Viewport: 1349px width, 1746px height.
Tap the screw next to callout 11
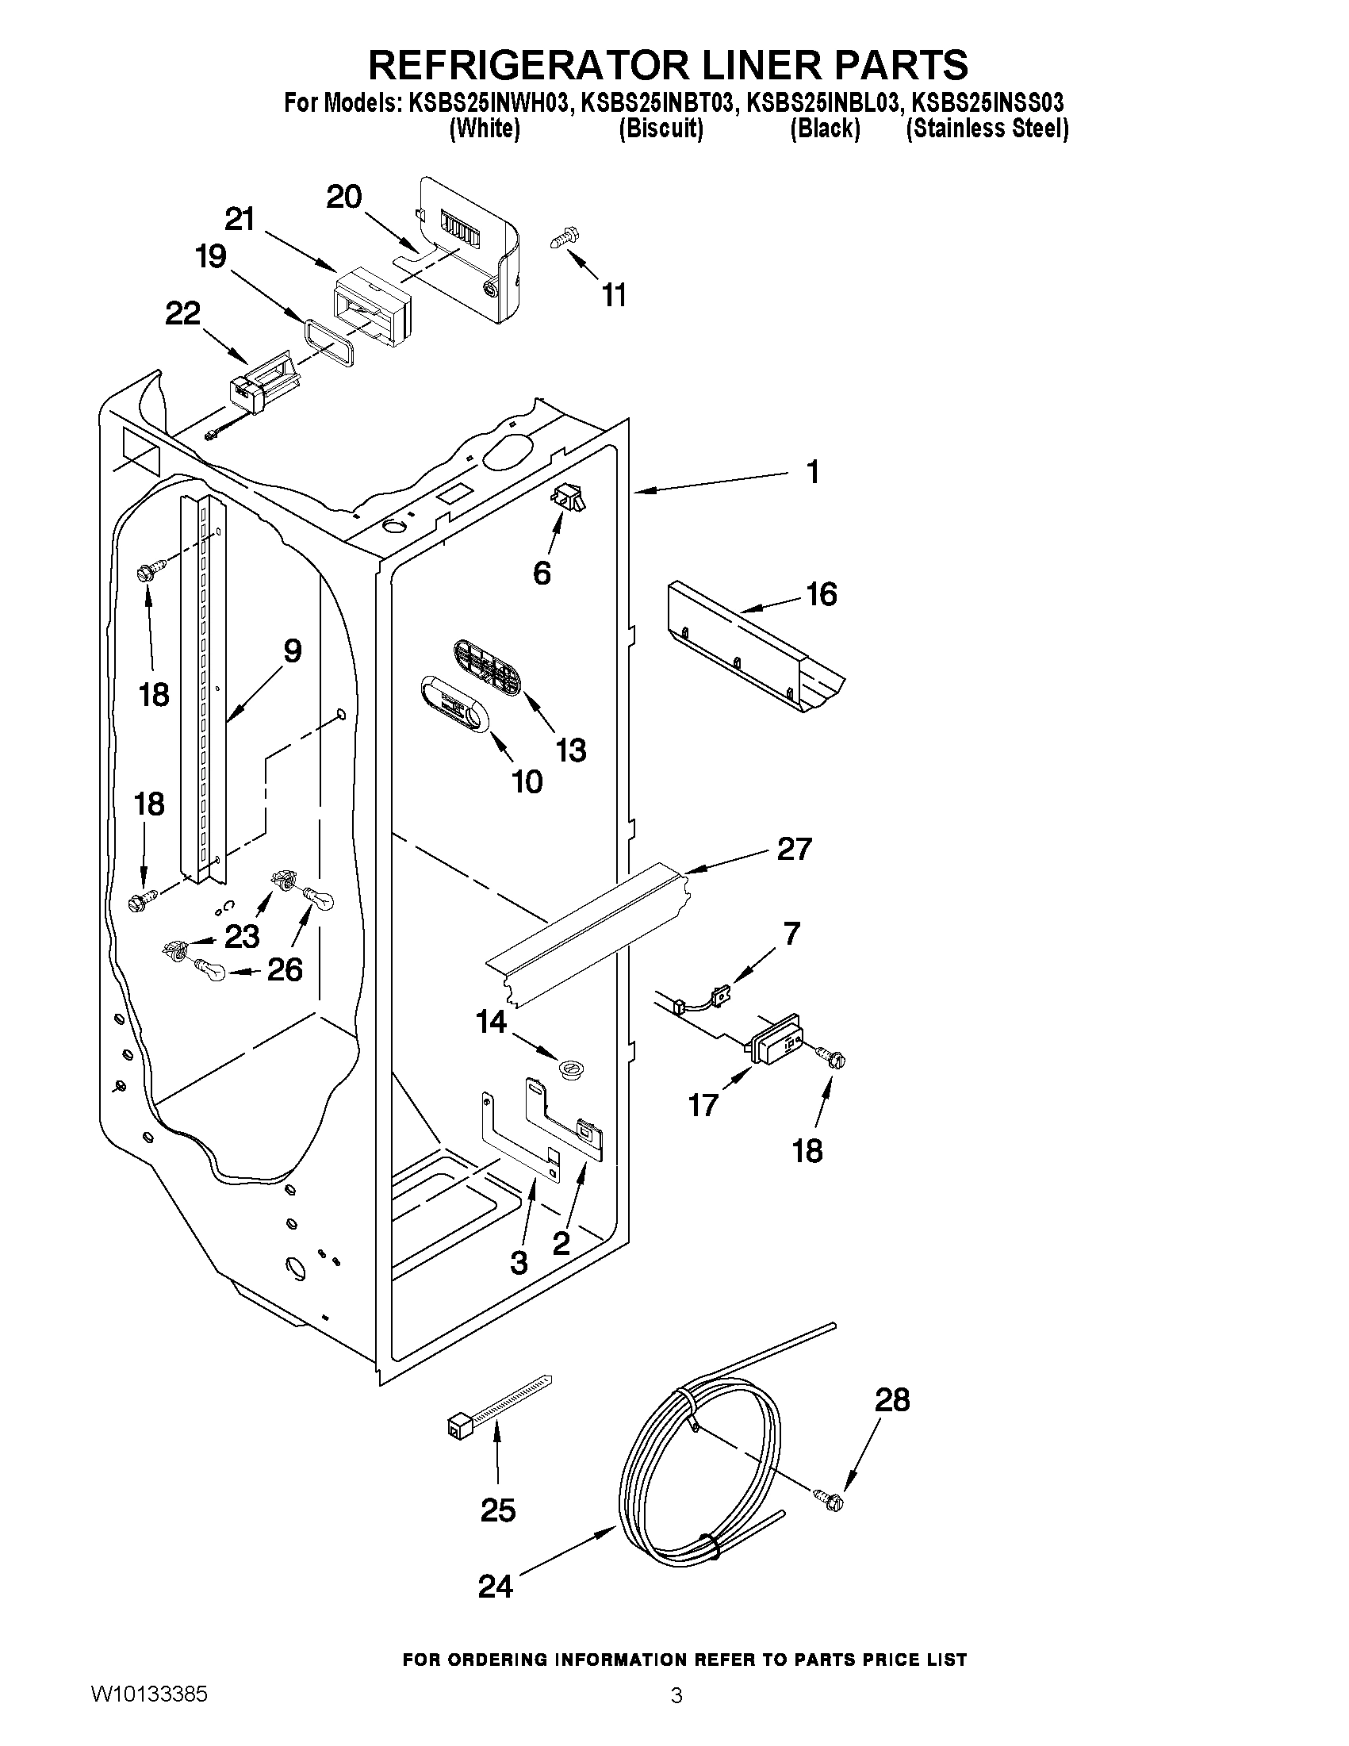point(565,238)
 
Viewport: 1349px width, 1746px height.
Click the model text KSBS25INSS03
point(988,103)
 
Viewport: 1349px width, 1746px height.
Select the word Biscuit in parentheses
point(661,129)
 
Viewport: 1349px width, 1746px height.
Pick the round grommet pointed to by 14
point(569,1066)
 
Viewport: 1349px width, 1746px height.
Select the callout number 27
point(795,848)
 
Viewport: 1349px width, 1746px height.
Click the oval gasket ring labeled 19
point(328,340)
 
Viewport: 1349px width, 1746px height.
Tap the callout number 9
point(293,650)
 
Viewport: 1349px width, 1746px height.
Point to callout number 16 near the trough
point(822,594)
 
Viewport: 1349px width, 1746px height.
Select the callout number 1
point(813,472)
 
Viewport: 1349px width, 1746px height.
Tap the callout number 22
point(182,313)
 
